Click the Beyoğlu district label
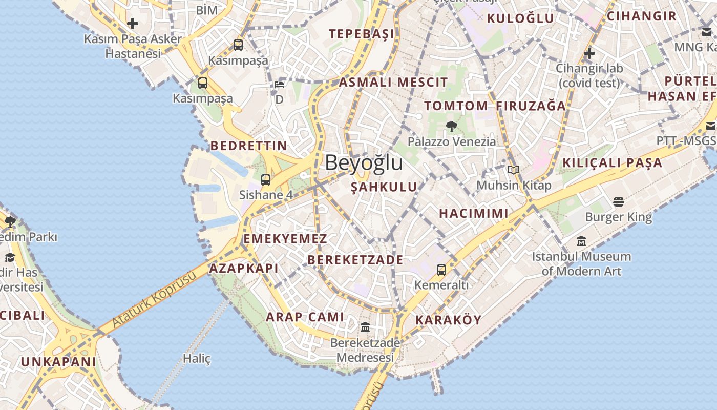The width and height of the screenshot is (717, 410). coord(364,163)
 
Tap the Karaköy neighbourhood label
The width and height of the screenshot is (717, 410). coord(448,320)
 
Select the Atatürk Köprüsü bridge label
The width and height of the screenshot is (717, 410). coord(154,300)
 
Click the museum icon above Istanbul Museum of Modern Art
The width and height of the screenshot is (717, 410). coord(581,241)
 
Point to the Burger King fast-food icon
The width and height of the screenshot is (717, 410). coord(619,202)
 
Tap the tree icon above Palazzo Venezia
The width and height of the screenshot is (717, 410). coord(451,126)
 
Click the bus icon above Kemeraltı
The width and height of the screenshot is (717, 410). coord(441,270)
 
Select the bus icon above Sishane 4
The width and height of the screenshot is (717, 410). coord(265,180)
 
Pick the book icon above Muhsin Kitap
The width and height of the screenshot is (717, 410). coord(514,170)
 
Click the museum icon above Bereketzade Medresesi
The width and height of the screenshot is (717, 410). coord(365,327)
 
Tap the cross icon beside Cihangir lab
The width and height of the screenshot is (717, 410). coord(589,53)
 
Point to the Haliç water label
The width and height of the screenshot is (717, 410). coord(197,359)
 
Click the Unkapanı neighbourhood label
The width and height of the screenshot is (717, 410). coord(58,362)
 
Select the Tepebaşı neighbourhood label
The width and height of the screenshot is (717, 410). coord(362,34)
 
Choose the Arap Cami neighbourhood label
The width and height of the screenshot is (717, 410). coord(305,317)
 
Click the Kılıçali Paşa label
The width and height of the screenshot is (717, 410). coord(612,163)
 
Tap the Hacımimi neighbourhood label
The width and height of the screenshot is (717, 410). coord(474,213)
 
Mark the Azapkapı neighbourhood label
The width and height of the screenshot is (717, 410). coord(244,268)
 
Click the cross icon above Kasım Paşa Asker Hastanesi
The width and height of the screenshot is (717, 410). coord(133,24)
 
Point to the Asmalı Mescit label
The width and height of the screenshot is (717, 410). coord(393,82)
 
